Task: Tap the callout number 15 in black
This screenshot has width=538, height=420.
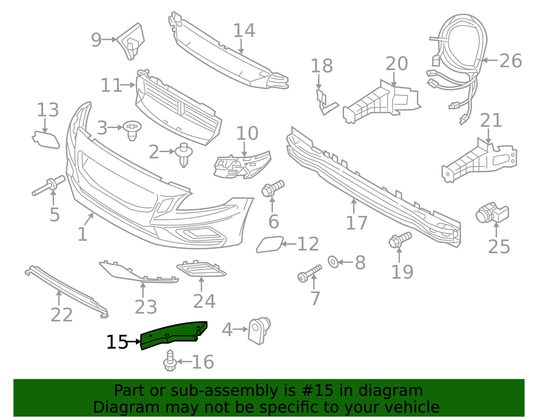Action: point(117,342)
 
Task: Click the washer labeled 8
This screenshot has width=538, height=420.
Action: point(333,262)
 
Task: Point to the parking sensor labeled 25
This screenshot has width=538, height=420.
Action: point(492,214)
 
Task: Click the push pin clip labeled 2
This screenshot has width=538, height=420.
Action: point(184,155)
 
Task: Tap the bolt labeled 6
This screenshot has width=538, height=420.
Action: point(273,188)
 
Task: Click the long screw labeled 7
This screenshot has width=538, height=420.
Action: point(309,273)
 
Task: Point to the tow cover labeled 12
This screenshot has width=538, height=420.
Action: point(269,244)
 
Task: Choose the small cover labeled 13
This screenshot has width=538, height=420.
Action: point(46,140)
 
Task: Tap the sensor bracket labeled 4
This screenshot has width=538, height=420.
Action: point(259,331)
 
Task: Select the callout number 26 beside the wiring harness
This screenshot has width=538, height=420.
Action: point(511,61)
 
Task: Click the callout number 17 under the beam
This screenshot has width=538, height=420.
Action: point(356,223)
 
